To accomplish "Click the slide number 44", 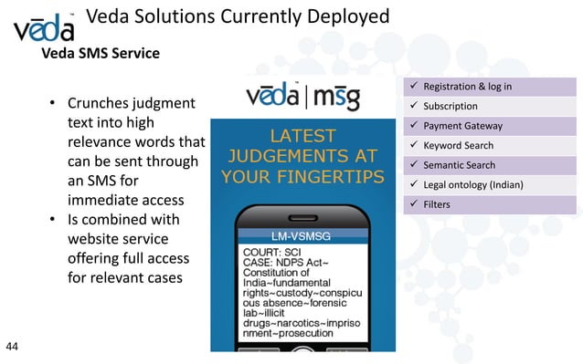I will coord(13,346).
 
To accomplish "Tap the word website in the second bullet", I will coord(97,240).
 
